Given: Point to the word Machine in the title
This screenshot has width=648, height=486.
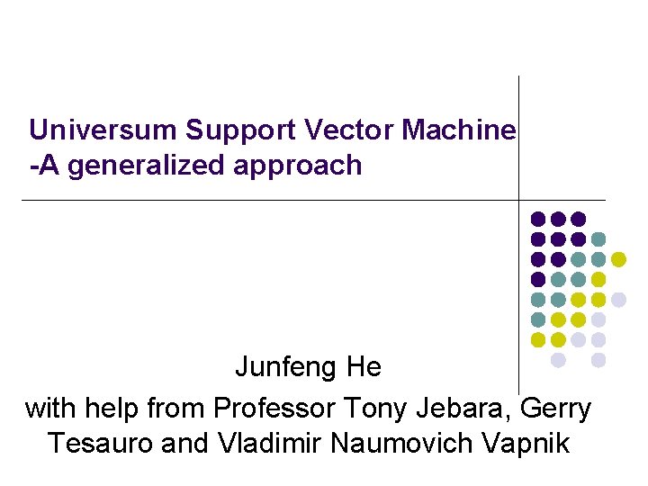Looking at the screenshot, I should click(459, 130).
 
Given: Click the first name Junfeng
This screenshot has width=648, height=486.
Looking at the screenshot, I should click(288, 367).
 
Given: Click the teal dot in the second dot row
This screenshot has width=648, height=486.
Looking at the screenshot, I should click(598, 239).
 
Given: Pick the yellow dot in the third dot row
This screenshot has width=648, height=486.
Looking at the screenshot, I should click(618, 259).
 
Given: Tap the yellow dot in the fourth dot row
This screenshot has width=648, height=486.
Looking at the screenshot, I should click(598, 280).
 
